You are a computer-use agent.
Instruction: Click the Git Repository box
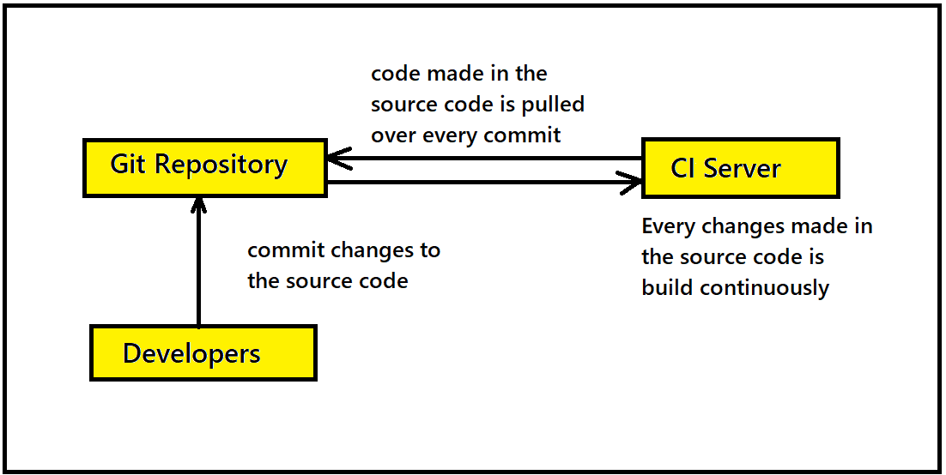(205, 167)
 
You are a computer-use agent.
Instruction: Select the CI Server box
(740, 168)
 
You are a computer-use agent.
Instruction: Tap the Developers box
(203, 353)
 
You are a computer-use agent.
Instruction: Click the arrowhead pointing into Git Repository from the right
(339, 159)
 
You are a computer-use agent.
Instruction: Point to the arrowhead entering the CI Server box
(629, 182)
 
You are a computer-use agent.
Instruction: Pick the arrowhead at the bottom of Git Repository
(198, 205)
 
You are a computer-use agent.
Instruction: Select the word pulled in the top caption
(553, 105)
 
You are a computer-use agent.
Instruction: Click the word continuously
(764, 288)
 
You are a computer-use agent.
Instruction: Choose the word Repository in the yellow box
(221, 165)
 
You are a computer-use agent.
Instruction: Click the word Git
(129, 164)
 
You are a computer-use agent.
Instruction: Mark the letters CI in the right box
(682, 168)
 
